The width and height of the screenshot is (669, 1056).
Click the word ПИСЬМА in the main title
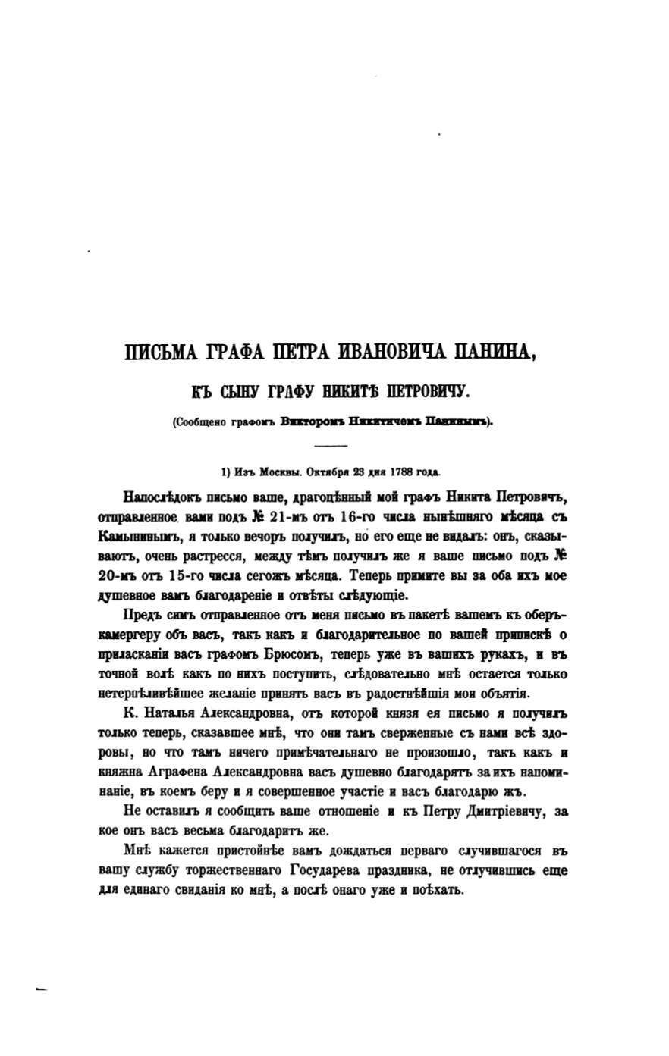point(160,353)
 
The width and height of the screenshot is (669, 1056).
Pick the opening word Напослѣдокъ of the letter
point(162,499)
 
